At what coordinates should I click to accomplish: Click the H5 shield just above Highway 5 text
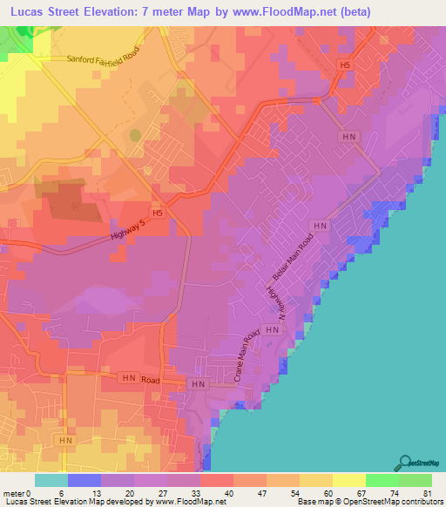point(158,213)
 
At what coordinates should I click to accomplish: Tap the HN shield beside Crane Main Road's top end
point(272,331)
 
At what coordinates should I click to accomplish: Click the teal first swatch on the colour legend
point(51,480)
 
